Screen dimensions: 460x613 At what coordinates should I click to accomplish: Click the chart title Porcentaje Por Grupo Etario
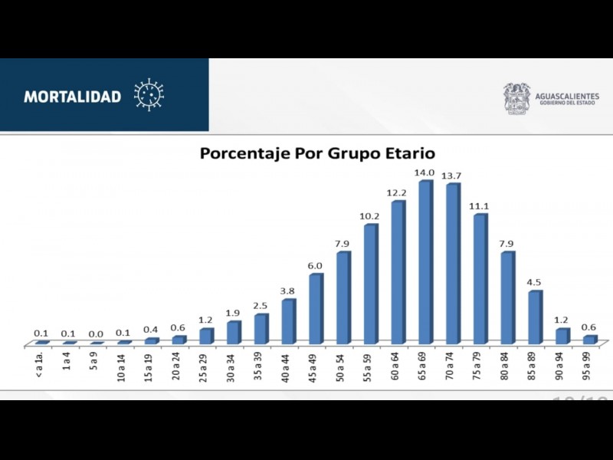click(x=317, y=153)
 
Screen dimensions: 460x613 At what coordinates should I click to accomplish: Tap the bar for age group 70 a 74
click(x=453, y=263)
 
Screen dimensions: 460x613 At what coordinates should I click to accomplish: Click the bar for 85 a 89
click(x=535, y=317)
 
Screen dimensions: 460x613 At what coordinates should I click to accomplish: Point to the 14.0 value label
click(x=425, y=173)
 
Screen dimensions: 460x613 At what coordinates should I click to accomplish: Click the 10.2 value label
click(x=370, y=216)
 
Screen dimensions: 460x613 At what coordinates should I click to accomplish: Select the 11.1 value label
click(x=480, y=206)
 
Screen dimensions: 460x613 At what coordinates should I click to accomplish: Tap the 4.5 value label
click(x=535, y=282)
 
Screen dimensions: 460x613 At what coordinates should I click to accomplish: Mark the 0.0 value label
click(x=96, y=334)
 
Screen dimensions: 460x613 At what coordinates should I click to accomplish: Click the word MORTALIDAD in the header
click(x=73, y=97)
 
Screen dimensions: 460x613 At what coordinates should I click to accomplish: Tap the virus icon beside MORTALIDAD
click(x=149, y=95)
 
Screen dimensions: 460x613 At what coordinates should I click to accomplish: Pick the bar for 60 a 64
click(x=398, y=272)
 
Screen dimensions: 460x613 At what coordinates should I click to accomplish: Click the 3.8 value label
click(x=287, y=291)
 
